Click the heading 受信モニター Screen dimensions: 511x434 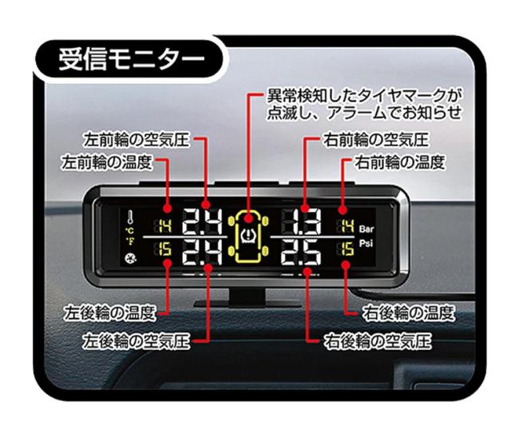point(132,60)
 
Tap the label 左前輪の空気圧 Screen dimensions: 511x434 point(137,140)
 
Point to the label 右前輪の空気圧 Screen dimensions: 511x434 point(376,140)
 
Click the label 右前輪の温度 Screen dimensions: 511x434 point(400,162)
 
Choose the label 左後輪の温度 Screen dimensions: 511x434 point(109,313)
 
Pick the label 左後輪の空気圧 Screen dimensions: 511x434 point(137,341)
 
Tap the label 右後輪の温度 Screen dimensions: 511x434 point(409,313)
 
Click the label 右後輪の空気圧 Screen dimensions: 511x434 point(378,341)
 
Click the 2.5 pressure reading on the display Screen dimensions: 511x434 point(302,252)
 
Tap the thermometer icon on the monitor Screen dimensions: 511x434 point(130,217)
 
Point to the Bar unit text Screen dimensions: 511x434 point(366,229)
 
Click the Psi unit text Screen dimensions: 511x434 point(366,244)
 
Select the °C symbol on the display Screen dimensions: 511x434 point(129,231)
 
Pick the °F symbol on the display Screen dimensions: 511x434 point(129,241)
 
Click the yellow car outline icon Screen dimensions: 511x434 point(248,236)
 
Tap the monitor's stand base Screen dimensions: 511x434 point(248,304)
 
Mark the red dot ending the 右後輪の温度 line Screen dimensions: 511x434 point(346,265)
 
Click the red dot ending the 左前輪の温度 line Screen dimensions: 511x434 point(167,208)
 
